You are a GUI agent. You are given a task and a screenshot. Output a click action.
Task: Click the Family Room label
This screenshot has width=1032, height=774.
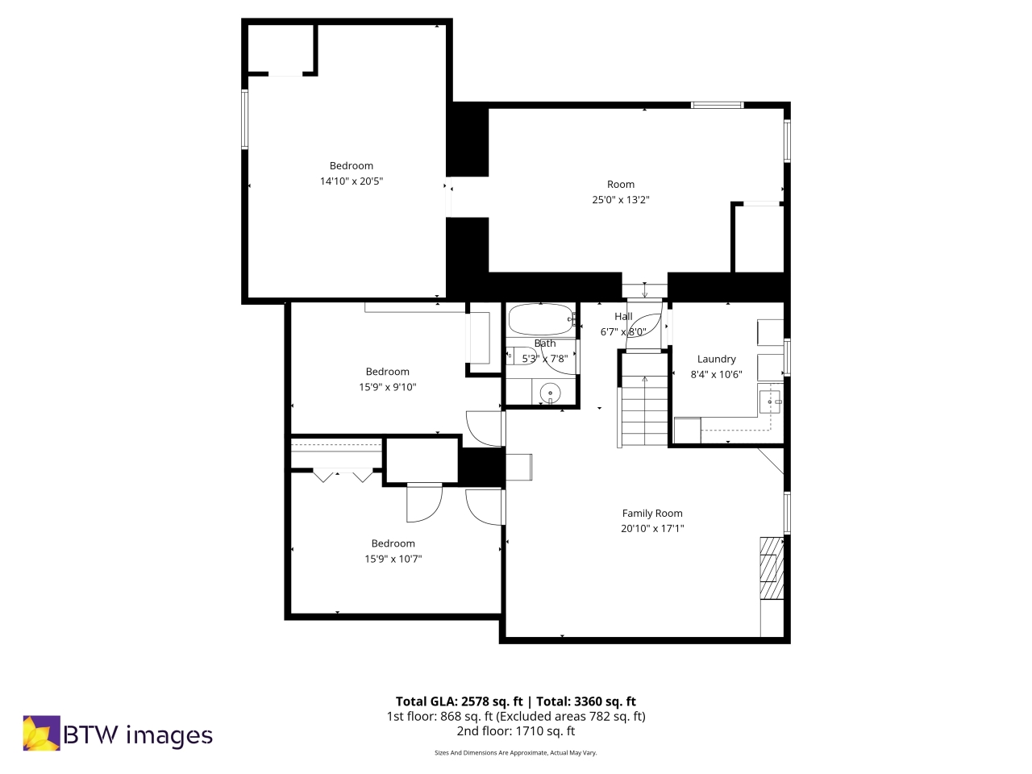point(651,513)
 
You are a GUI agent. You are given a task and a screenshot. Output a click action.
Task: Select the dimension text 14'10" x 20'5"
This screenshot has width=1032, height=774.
point(352,181)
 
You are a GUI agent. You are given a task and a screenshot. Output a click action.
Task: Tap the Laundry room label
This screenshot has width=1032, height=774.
point(716,359)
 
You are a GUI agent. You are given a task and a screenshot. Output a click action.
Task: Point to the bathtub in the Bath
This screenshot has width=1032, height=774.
point(540,319)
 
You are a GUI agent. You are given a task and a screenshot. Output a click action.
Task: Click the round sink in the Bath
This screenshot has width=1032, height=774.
point(550,393)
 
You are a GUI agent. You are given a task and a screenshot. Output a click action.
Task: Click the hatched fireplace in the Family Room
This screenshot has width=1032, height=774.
point(771,568)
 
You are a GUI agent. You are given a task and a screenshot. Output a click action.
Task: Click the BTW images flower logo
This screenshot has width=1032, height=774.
point(41,733)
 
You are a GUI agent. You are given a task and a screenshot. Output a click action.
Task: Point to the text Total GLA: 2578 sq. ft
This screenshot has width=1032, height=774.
point(459,701)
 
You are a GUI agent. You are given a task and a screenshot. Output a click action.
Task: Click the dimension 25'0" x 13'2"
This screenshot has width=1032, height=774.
point(620,200)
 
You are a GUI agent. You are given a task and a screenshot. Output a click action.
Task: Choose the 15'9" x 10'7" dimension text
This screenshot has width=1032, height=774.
point(393,559)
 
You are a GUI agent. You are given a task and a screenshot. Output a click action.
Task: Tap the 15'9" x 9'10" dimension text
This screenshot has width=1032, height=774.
point(387,387)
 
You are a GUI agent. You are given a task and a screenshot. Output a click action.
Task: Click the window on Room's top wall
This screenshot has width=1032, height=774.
point(717,105)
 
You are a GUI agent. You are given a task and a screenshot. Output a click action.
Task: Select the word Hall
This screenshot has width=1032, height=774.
point(623,317)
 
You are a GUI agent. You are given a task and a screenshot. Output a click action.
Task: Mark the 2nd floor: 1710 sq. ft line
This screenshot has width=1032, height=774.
point(515,731)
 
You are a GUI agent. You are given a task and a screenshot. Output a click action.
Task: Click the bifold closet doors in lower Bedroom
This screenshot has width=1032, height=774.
point(343,476)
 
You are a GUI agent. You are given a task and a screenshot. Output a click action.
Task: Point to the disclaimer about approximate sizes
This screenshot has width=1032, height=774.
point(515,753)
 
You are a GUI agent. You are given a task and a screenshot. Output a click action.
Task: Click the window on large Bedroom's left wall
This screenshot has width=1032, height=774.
point(245,119)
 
